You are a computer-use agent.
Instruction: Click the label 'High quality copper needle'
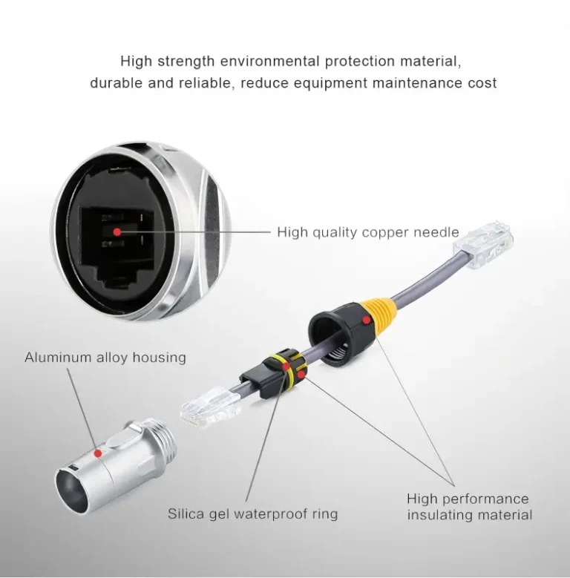pyautogui.click(x=367, y=232)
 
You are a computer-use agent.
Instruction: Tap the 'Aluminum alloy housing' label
pyautogui.click(x=105, y=358)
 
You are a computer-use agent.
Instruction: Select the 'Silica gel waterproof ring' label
pyautogui.click(x=252, y=513)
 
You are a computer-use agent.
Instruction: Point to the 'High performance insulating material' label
pyautogui.click(x=469, y=507)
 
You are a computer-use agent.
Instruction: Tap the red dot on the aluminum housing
pyautogui.click(x=98, y=451)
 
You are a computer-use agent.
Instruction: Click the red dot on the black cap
pyautogui.click(x=365, y=320)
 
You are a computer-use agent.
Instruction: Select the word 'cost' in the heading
pyautogui.click(x=481, y=83)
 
